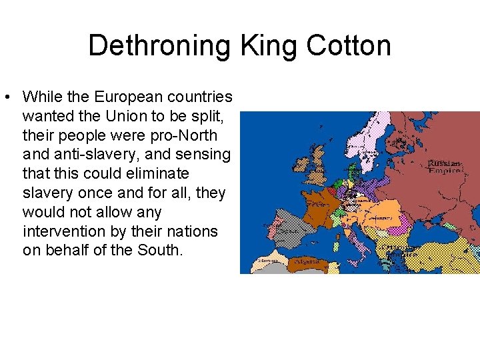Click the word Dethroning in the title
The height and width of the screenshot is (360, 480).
tap(160, 46)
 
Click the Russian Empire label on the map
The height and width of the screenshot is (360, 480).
tap(445, 167)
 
